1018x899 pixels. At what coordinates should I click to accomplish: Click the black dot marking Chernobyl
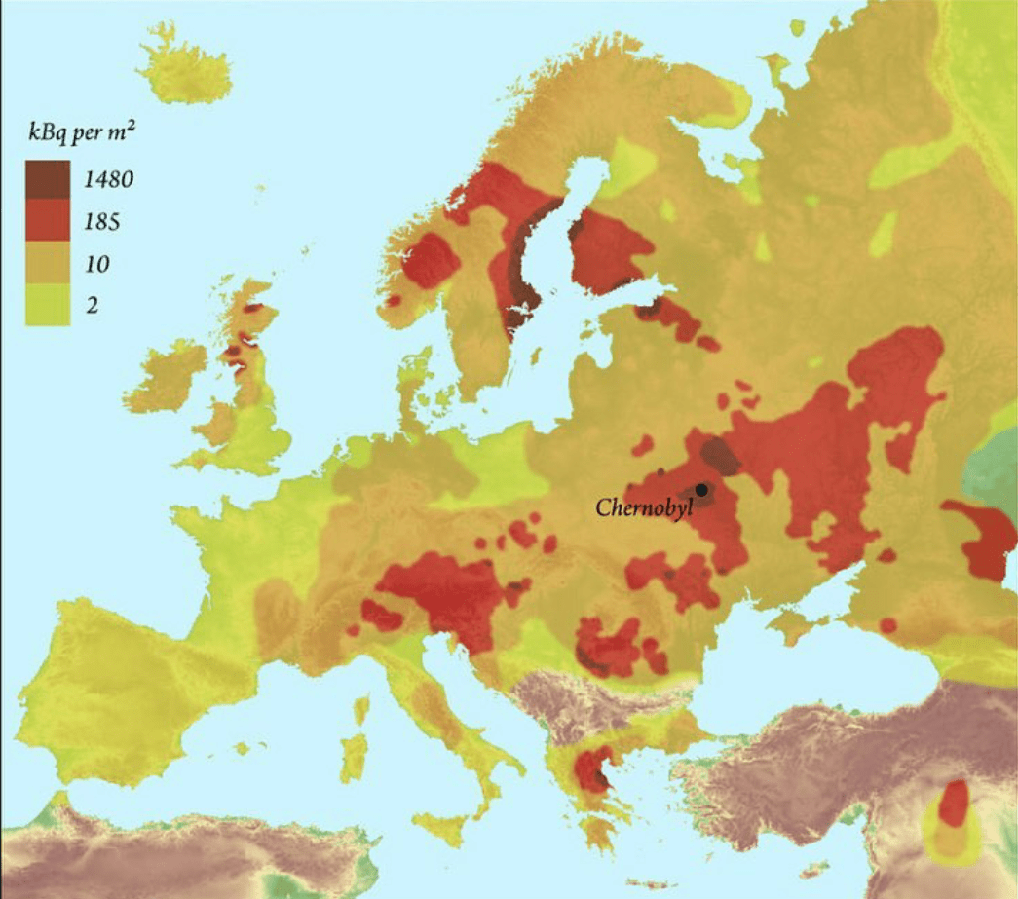click(700, 490)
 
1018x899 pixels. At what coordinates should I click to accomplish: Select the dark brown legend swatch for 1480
click(48, 179)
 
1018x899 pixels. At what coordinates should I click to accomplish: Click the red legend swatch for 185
click(48, 221)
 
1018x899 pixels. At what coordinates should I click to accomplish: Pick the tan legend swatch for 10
click(48, 264)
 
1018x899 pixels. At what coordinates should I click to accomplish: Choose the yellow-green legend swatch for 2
click(48, 305)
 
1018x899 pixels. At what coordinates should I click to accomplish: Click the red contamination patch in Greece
click(592, 768)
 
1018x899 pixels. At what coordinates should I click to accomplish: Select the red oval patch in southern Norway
click(430, 260)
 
